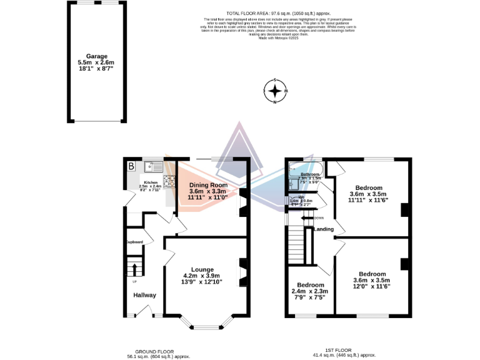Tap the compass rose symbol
click(275, 92)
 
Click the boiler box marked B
click(131, 166)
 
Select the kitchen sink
click(152, 166)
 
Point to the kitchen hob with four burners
click(169, 181)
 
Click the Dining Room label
click(208, 185)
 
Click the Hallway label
click(144, 295)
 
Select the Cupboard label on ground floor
click(134, 242)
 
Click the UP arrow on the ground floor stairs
click(134, 269)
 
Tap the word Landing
click(323, 229)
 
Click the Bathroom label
click(311, 174)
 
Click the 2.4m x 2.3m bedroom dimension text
click(310, 291)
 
